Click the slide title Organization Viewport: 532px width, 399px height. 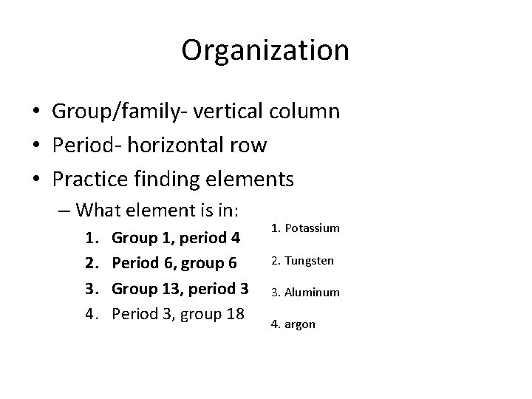click(265, 50)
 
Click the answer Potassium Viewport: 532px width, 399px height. click(314, 228)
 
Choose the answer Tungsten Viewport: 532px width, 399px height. click(311, 261)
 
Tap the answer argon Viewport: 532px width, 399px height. click(299, 324)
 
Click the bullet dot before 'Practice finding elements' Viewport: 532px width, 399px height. click(35, 179)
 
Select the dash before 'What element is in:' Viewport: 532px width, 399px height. click(64, 211)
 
